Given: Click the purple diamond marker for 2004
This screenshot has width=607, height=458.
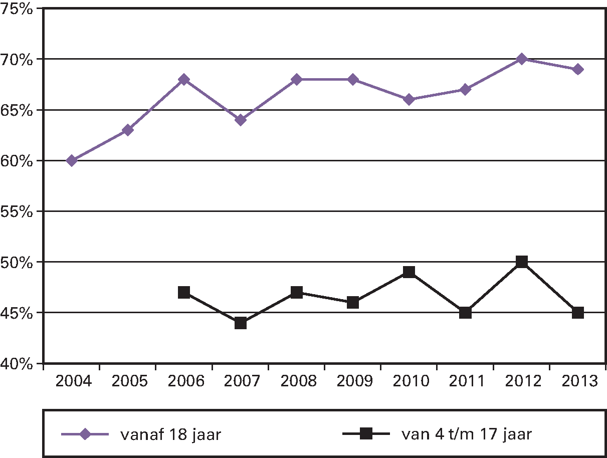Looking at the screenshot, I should [72, 160].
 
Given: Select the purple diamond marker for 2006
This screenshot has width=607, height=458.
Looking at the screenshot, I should [184, 79].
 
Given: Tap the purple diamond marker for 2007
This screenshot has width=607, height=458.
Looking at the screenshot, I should [241, 120].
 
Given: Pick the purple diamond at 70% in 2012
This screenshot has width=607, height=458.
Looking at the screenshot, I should [522, 59].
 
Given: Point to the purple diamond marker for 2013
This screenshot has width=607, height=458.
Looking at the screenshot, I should [578, 69].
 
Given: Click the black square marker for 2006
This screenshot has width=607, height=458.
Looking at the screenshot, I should [184, 292].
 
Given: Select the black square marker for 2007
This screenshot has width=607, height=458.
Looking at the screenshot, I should [241, 323].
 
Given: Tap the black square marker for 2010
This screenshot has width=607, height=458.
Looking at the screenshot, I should [409, 272].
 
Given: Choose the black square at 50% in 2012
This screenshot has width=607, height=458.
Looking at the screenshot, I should [522, 262].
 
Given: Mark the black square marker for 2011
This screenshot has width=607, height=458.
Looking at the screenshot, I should [465, 313].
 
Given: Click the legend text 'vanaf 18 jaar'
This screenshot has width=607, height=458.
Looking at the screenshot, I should [170, 434].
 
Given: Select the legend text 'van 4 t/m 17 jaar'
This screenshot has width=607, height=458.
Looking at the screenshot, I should [467, 434].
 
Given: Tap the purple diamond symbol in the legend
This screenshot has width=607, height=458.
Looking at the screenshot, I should [85, 434].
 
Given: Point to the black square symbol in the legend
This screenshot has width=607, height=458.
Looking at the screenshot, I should [366, 434].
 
